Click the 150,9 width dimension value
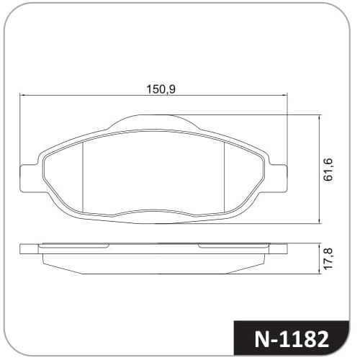(161, 89)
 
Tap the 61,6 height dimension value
(328, 169)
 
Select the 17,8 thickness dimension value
(328, 259)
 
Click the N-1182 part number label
(292, 340)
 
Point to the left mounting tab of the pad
(29, 178)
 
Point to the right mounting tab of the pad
(278, 178)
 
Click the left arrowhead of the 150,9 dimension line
(22, 95)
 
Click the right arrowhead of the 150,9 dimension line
(284, 95)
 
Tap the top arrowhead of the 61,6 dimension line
(319, 118)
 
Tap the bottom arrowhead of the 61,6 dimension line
(319, 221)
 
